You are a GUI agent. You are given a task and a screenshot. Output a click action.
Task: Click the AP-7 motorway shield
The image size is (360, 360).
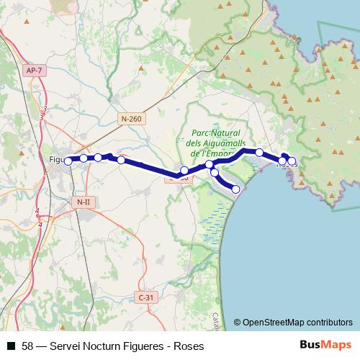(x=33, y=71)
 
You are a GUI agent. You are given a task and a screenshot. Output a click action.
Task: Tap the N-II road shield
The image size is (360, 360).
(x=83, y=202)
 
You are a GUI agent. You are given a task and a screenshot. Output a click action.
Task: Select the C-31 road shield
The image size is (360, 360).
(x=145, y=297)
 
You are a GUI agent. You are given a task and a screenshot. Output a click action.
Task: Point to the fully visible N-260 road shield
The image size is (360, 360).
(x=131, y=118)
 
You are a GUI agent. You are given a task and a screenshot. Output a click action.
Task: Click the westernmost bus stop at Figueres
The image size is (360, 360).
(x=68, y=161)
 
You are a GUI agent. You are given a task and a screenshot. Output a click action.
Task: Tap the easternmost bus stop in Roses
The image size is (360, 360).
(x=292, y=161)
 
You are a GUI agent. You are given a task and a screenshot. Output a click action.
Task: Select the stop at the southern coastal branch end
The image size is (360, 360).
(x=235, y=189)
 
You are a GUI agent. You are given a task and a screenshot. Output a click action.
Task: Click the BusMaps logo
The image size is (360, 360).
(x=325, y=346)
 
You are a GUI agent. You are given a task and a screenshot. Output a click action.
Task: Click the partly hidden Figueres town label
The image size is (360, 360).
(x=56, y=160)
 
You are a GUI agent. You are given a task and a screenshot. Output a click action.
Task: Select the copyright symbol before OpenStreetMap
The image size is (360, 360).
(x=237, y=322)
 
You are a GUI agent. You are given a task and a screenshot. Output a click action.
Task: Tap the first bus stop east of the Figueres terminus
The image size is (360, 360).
(x=84, y=158)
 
